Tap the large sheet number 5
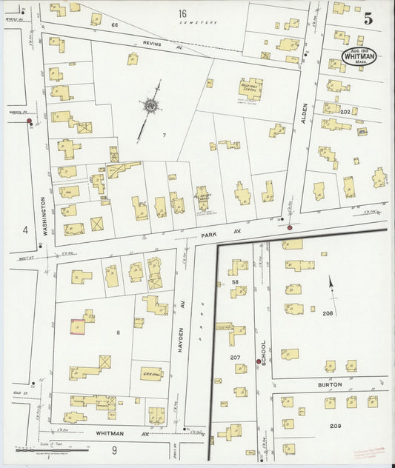click(368, 19)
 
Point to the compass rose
click(153, 107)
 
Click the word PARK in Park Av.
click(208, 235)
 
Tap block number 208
click(328, 313)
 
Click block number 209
click(335, 426)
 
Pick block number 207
click(235, 358)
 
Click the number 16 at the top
click(182, 13)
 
